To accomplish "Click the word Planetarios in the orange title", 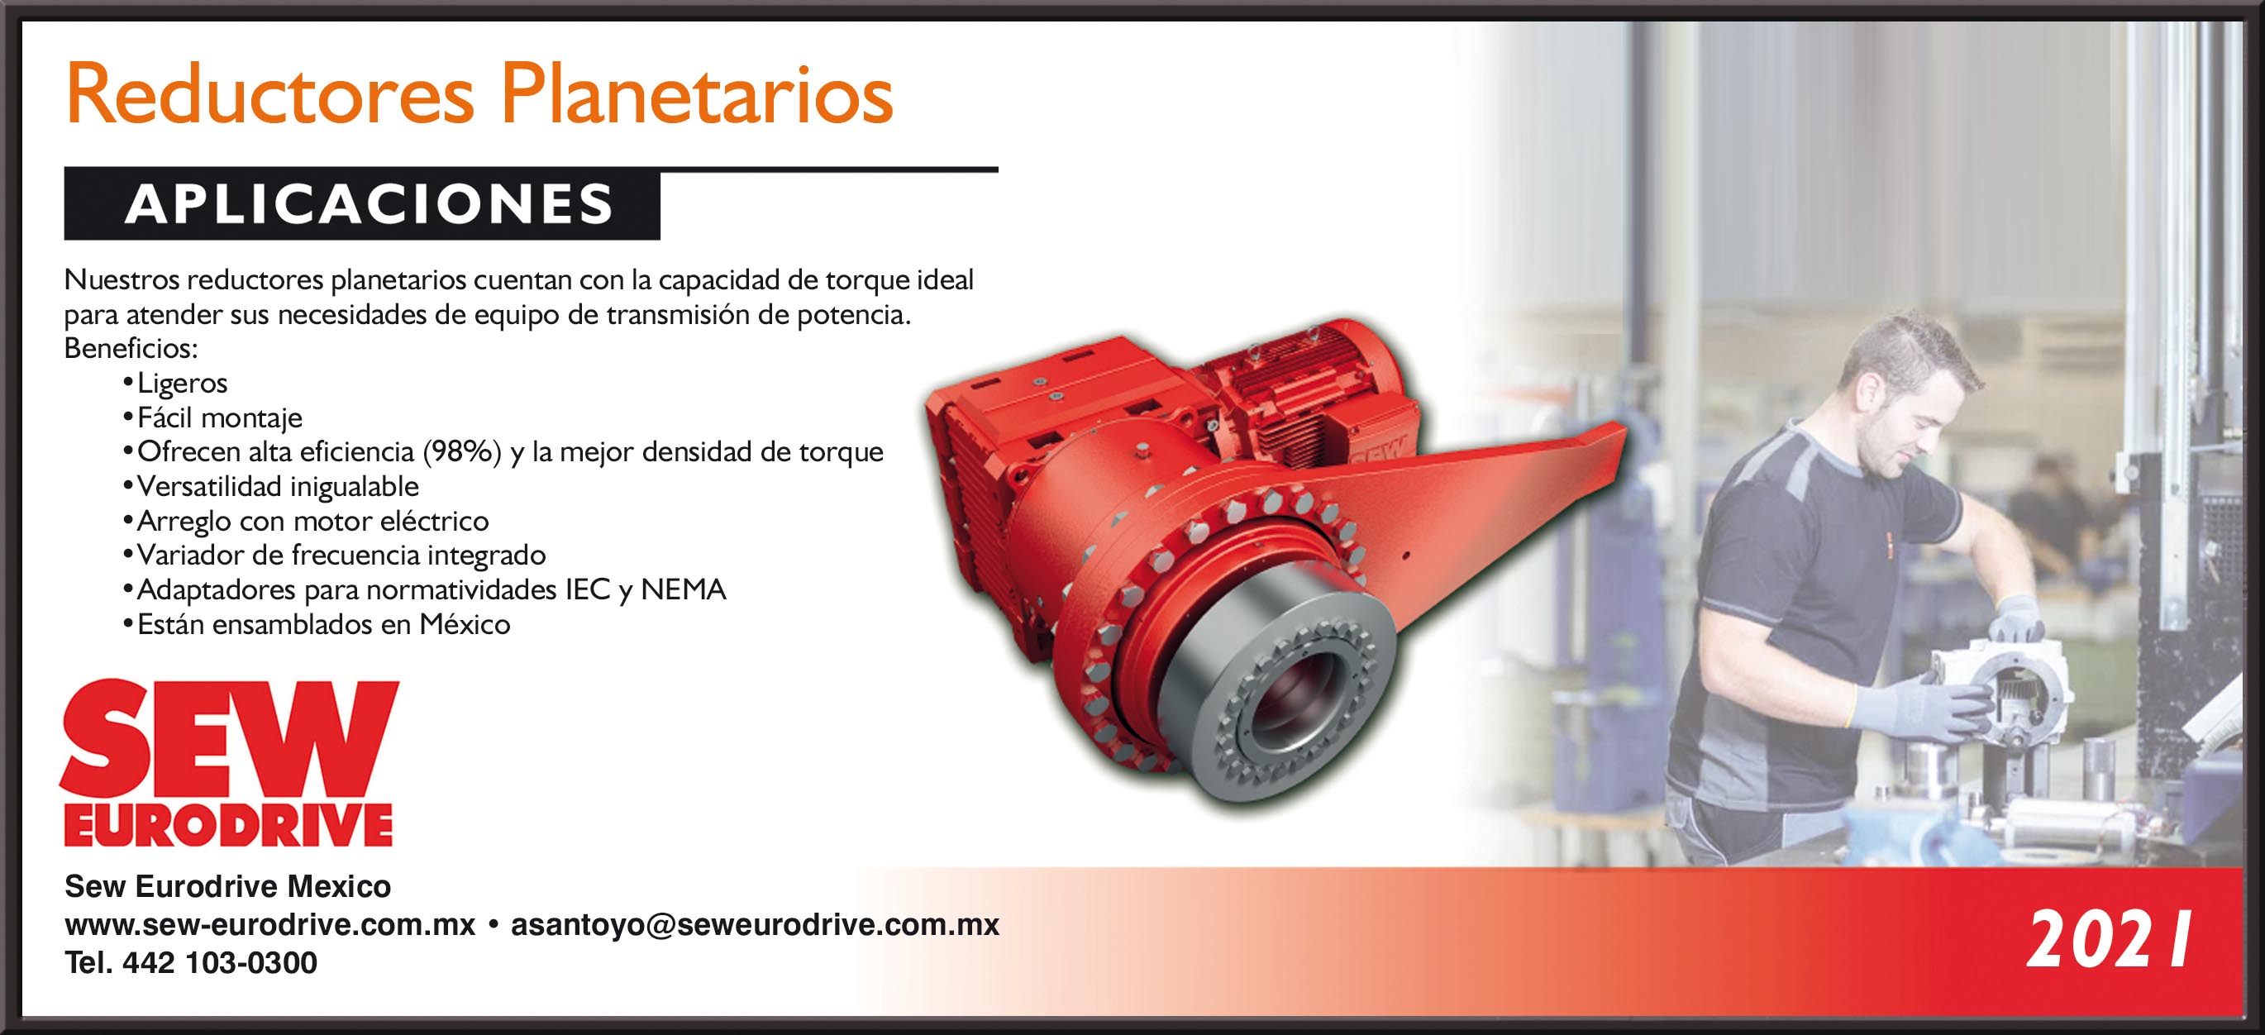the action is coord(697,95).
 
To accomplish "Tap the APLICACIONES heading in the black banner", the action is coord(370,204).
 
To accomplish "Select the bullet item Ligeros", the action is coord(182,384).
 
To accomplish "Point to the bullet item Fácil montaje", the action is coord(220,417).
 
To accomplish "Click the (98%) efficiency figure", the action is coord(461,452).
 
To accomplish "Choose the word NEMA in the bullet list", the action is coord(683,589).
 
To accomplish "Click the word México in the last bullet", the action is coord(465,624).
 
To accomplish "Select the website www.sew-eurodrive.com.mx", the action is coord(270,925).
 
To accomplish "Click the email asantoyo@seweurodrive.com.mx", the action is coord(756,925).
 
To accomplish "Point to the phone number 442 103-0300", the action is coord(220,963).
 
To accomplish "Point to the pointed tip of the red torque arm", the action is coord(1624,428).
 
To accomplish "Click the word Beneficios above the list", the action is coord(131,349).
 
